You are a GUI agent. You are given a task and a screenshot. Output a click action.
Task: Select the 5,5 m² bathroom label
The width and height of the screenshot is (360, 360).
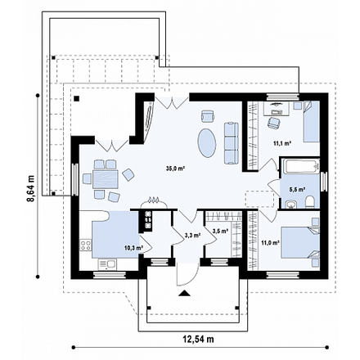[x=296, y=189]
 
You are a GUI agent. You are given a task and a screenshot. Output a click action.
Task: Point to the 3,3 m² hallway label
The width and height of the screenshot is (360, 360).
[x=193, y=235]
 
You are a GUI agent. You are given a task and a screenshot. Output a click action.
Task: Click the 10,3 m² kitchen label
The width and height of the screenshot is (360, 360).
[x=134, y=248]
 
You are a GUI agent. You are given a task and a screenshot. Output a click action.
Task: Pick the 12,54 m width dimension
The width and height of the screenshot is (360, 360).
[x=198, y=339]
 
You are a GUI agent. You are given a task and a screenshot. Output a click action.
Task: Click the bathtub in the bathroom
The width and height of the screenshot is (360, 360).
[x=301, y=165]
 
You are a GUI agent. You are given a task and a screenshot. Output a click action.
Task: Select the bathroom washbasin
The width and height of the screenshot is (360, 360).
[x=291, y=204]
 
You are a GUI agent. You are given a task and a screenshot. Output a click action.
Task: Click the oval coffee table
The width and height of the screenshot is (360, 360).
[x=207, y=142]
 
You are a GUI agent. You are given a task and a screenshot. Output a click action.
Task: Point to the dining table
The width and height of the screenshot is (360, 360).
[x=106, y=179]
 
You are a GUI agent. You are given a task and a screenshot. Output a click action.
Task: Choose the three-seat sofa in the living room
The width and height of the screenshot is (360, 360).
[x=232, y=143]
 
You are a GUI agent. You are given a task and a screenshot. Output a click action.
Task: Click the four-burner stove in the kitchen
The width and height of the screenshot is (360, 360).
[x=85, y=245]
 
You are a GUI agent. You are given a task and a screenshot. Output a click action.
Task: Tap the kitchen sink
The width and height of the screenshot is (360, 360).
[x=107, y=264]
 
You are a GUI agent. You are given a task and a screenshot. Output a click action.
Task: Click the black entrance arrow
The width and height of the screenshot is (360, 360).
[x=185, y=293]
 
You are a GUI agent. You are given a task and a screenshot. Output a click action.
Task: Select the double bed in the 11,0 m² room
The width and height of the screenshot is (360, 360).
[x=300, y=242]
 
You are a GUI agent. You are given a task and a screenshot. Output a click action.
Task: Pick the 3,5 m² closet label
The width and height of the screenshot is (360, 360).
[x=220, y=232]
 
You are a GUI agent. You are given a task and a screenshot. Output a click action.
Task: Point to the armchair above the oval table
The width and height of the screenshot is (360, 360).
[x=208, y=115]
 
